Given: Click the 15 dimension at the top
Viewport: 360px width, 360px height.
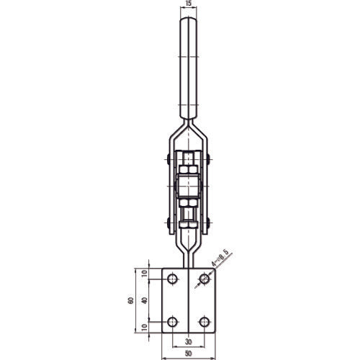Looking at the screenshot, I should pos(189,5).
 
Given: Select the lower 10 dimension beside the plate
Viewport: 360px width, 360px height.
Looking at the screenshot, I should pos(145,329).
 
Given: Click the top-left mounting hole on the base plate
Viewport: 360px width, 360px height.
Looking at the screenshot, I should pos(172,278).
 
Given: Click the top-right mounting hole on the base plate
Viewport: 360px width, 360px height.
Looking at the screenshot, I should pos(205,278).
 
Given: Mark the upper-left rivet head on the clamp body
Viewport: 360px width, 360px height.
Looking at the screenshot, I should pos(168,160).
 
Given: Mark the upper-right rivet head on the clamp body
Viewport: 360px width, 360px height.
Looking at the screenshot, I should pos(209,160).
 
